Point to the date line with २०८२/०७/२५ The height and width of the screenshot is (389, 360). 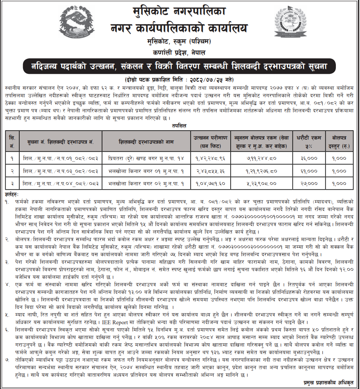coord(179,80)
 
